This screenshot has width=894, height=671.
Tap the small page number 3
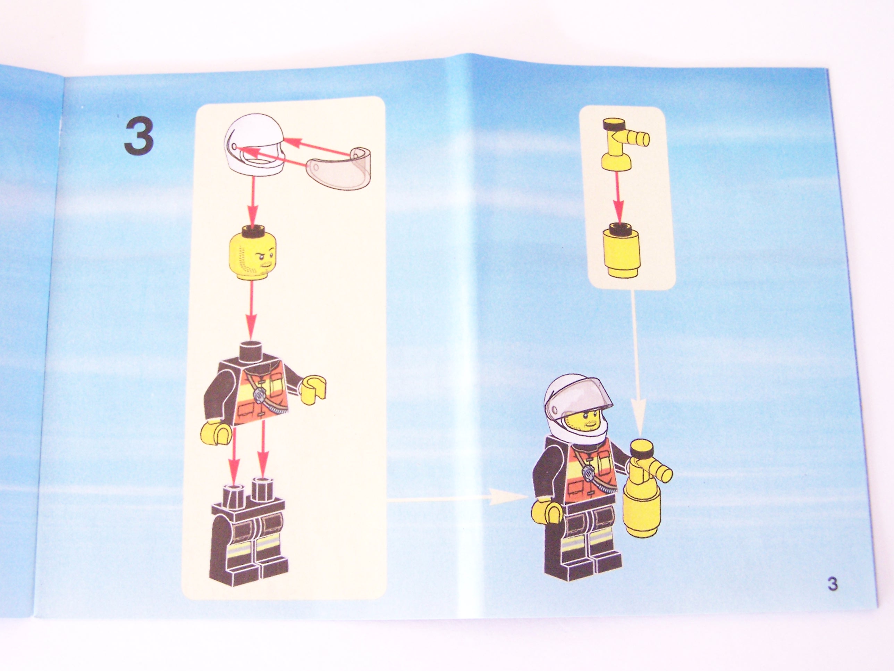(832, 596)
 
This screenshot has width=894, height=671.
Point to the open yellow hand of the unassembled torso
(312, 390)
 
